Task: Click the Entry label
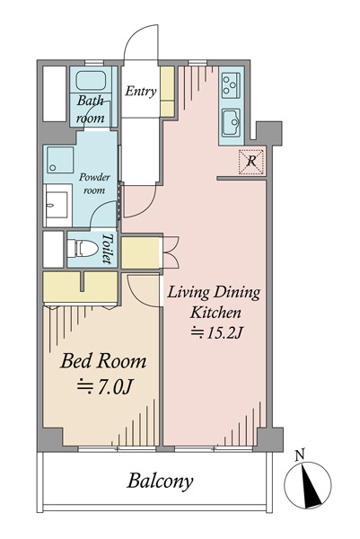click(140, 91)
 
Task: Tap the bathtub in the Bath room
click(91, 81)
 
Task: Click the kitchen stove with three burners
click(231, 85)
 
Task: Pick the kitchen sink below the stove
click(231, 123)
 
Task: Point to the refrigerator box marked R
click(251, 162)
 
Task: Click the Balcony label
click(160, 481)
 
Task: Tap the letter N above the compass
click(300, 455)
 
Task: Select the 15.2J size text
click(217, 332)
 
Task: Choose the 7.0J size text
click(104, 386)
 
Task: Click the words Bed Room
click(103, 361)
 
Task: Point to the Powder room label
click(94, 183)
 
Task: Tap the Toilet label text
click(108, 249)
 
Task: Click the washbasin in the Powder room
click(57, 205)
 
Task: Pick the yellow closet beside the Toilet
click(141, 253)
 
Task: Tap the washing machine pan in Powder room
click(60, 160)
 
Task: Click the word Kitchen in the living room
click(215, 313)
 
